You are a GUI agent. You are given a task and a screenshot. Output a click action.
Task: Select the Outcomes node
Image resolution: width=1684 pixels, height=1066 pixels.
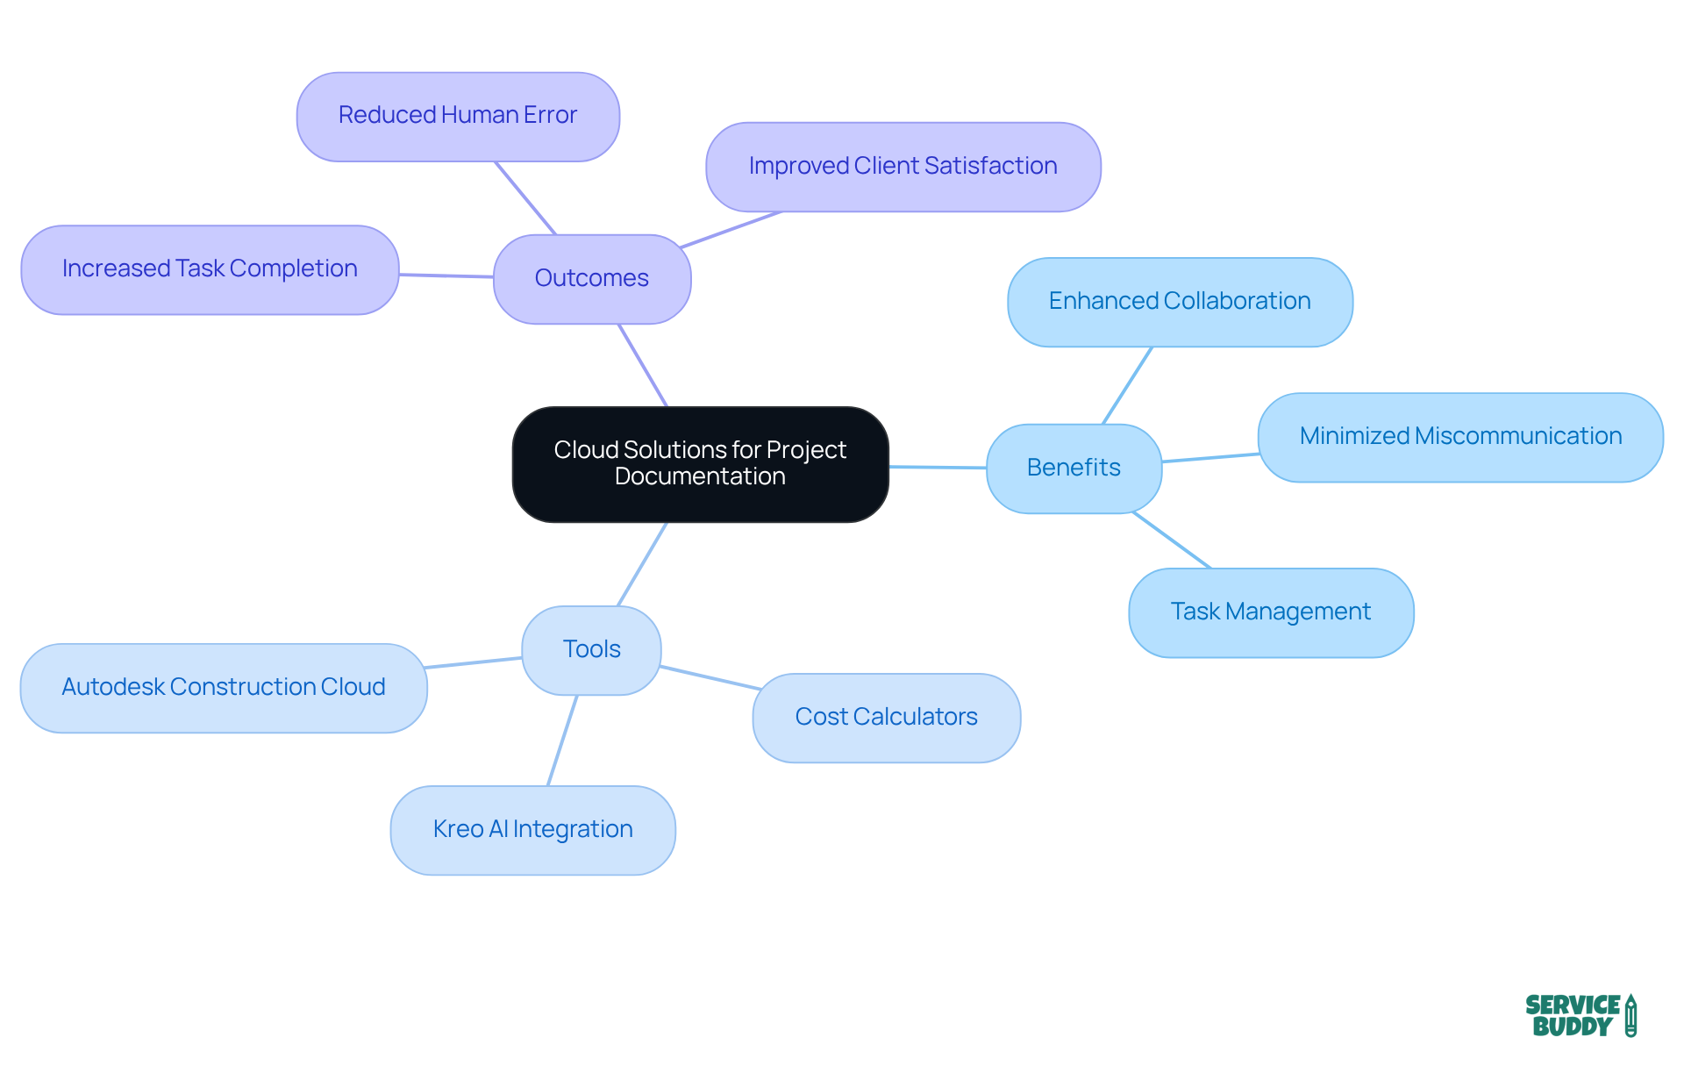click(592, 278)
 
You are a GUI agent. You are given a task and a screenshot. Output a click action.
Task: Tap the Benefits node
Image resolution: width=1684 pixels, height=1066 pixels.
click(1074, 468)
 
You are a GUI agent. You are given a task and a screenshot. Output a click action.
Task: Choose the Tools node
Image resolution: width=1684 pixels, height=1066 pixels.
click(591, 649)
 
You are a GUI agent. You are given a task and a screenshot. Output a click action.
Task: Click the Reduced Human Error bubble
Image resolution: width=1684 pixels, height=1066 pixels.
click(458, 116)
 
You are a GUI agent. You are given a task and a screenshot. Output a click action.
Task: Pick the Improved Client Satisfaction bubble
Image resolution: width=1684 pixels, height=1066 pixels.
click(903, 166)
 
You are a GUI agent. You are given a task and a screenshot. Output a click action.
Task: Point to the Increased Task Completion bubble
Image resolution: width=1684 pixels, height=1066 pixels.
click(210, 268)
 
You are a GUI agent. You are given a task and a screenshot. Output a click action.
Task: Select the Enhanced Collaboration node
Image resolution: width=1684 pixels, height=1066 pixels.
click(1180, 301)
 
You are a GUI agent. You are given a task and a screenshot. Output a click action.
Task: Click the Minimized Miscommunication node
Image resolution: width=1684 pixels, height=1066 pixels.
click(1460, 436)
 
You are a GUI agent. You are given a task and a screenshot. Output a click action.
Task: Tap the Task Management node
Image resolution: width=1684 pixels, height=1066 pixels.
click(1270, 612)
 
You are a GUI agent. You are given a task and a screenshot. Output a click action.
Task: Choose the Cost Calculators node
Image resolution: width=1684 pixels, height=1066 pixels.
click(886, 717)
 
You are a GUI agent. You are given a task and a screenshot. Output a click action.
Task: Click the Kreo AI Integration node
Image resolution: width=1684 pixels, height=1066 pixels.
click(532, 829)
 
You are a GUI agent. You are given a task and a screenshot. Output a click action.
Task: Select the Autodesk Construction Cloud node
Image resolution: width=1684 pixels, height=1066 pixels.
click(223, 687)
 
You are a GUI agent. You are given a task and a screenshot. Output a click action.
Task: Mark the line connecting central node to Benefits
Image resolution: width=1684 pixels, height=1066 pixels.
click(938, 467)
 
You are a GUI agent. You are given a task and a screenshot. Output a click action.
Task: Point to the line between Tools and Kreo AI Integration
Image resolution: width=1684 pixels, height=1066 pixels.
click(562, 740)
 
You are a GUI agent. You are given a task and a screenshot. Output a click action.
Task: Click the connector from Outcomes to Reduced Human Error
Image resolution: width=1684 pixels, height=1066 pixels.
click(525, 198)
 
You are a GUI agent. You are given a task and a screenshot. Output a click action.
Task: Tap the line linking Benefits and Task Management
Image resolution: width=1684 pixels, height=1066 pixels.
click(1172, 540)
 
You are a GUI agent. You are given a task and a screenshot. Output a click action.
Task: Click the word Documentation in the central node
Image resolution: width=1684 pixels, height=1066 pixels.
click(700, 476)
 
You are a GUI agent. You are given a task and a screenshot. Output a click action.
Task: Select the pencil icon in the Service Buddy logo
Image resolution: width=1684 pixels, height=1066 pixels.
click(1630, 1015)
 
